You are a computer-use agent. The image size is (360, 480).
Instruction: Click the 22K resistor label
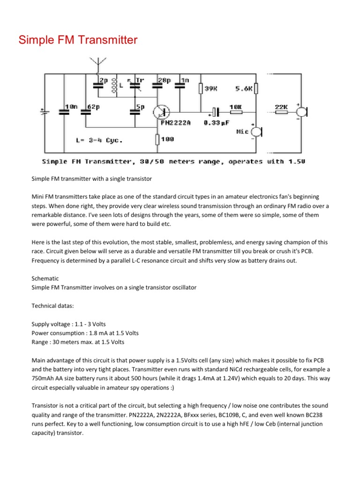tap(281, 107)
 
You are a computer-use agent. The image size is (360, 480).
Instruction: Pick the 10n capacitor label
tap(71, 107)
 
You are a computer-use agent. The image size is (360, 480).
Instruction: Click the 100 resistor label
tap(168, 139)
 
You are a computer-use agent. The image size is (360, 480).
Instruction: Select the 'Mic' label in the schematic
tap(243, 132)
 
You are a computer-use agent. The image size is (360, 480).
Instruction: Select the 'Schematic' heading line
tap(45, 278)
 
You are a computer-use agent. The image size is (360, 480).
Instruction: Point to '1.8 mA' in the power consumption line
tap(95, 333)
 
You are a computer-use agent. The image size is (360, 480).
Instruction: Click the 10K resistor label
tap(235, 107)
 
